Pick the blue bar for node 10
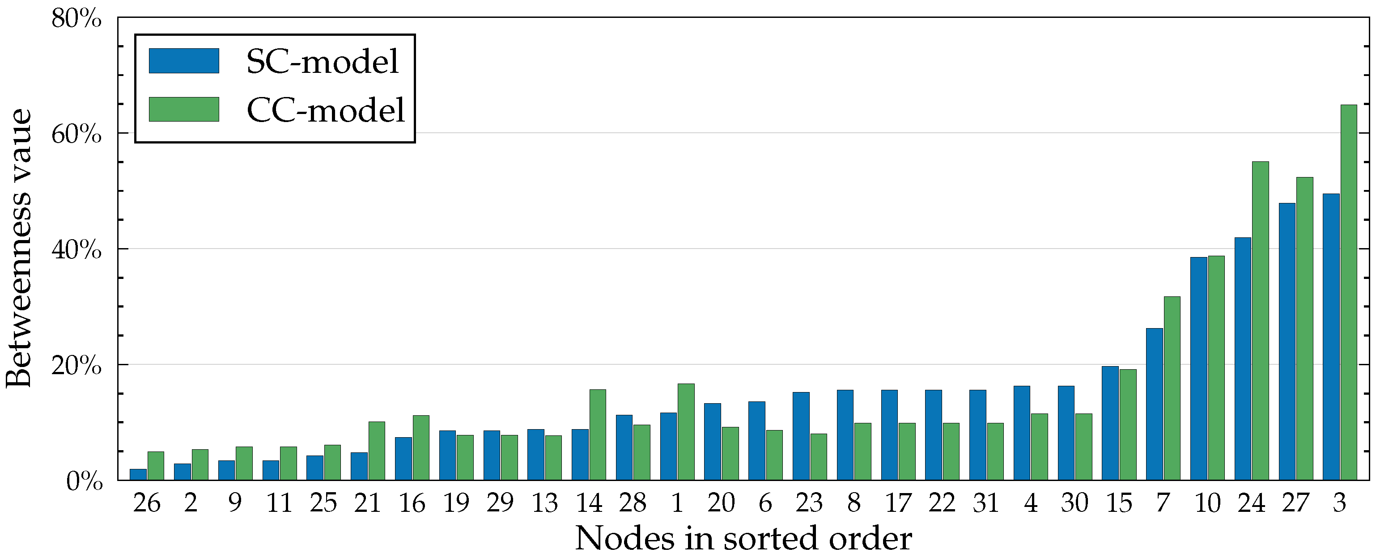click(1199, 368)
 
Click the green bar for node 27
click(1304, 329)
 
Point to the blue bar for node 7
click(1154, 404)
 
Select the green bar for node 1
click(686, 431)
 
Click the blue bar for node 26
click(138, 474)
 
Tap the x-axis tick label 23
click(809, 503)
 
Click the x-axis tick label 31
click(985, 503)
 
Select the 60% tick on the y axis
click(76, 134)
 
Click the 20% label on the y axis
click(76, 366)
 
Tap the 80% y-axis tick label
click(76, 19)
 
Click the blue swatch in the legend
click(184, 61)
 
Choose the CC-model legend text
click(325, 110)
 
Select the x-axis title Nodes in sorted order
click(743, 538)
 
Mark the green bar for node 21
click(377, 451)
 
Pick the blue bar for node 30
click(1066, 433)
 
